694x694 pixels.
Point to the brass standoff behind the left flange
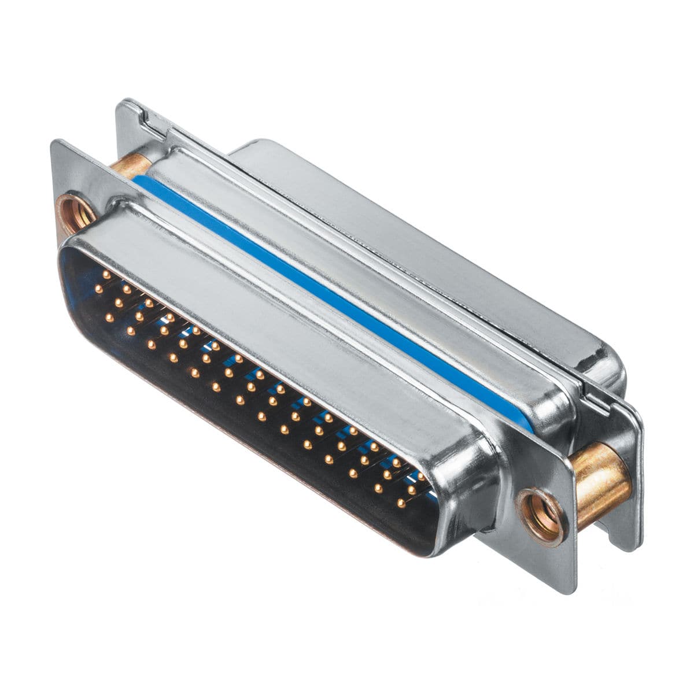point(128,164)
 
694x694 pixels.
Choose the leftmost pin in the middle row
point(98,287)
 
